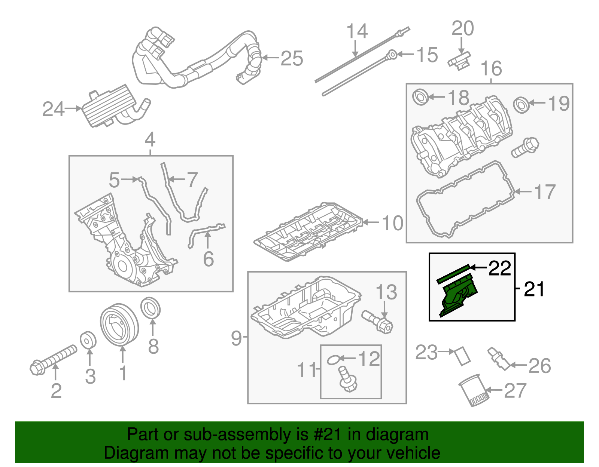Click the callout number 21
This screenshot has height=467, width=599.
[534, 289]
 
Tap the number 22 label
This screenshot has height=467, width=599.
[500, 268]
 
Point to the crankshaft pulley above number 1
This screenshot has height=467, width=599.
[119, 325]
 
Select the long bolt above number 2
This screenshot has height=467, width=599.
[54, 359]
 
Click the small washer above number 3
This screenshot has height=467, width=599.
[88, 340]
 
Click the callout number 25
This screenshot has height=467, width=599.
[292, 58]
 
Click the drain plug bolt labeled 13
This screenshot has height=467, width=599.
[377, 321]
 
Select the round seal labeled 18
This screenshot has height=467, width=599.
[420, 97]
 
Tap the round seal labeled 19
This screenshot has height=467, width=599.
[521, 104]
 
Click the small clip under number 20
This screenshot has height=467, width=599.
[459, 61]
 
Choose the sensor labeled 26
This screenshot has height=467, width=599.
[499, 359]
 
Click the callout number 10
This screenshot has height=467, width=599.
[392, 223]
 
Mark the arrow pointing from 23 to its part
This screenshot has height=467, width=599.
[447, 351]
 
